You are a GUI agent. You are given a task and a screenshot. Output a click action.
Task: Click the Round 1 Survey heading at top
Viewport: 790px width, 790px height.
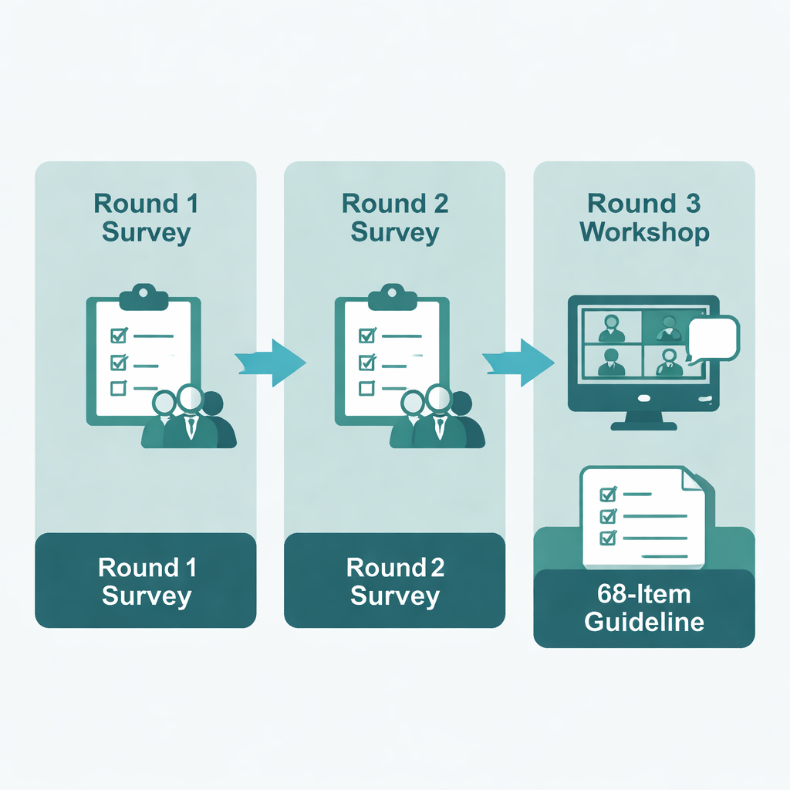[146, 218]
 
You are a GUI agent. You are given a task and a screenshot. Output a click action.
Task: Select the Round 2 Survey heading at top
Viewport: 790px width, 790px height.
[394, 218]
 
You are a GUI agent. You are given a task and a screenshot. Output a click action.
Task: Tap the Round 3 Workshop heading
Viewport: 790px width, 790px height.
[644, 218]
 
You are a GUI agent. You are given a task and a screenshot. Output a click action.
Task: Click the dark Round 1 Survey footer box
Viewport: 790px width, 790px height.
[146, 581]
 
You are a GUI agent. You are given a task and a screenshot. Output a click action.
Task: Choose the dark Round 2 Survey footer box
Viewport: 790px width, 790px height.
[394, 581]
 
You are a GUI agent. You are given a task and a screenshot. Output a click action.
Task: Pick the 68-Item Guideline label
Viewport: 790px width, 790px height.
[644, 608]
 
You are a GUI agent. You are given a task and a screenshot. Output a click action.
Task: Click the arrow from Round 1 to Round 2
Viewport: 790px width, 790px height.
[272, 360]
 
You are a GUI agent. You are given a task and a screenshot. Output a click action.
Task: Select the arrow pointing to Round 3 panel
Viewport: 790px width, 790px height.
[520, 360]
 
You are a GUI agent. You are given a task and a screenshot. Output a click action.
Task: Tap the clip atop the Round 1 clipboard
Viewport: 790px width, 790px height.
[143, 294]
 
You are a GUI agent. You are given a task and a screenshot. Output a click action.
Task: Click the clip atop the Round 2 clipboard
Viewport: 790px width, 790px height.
[392, 294]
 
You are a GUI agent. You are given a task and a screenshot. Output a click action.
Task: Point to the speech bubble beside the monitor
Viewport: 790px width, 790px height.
[714, 338]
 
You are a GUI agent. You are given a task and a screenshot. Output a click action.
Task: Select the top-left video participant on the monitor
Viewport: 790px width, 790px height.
[612, 327]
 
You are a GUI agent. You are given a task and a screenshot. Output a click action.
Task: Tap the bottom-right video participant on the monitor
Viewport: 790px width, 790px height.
[670, 361]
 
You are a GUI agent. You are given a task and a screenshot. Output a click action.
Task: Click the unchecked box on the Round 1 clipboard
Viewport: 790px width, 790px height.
[118, 387]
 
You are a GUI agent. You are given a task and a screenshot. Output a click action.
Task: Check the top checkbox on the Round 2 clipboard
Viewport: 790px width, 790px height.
[367, 336]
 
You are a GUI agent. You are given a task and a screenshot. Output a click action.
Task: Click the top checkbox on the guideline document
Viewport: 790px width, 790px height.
[607, 492]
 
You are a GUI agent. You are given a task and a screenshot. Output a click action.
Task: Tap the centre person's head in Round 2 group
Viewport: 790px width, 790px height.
[437, 397]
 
